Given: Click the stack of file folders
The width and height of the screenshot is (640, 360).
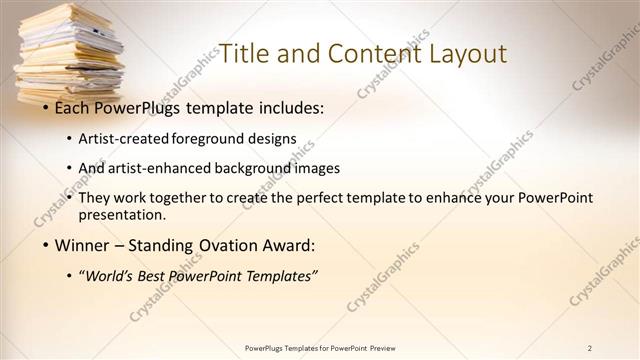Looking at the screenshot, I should coord(68,55).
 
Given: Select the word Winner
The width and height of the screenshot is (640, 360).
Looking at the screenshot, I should coord(81,244).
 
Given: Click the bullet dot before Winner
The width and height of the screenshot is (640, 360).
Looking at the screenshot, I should coord(45,245).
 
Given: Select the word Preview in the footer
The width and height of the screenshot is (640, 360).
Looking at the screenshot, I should coord(389,348).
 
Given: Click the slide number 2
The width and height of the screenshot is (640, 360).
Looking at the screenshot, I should coord(589,348).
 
